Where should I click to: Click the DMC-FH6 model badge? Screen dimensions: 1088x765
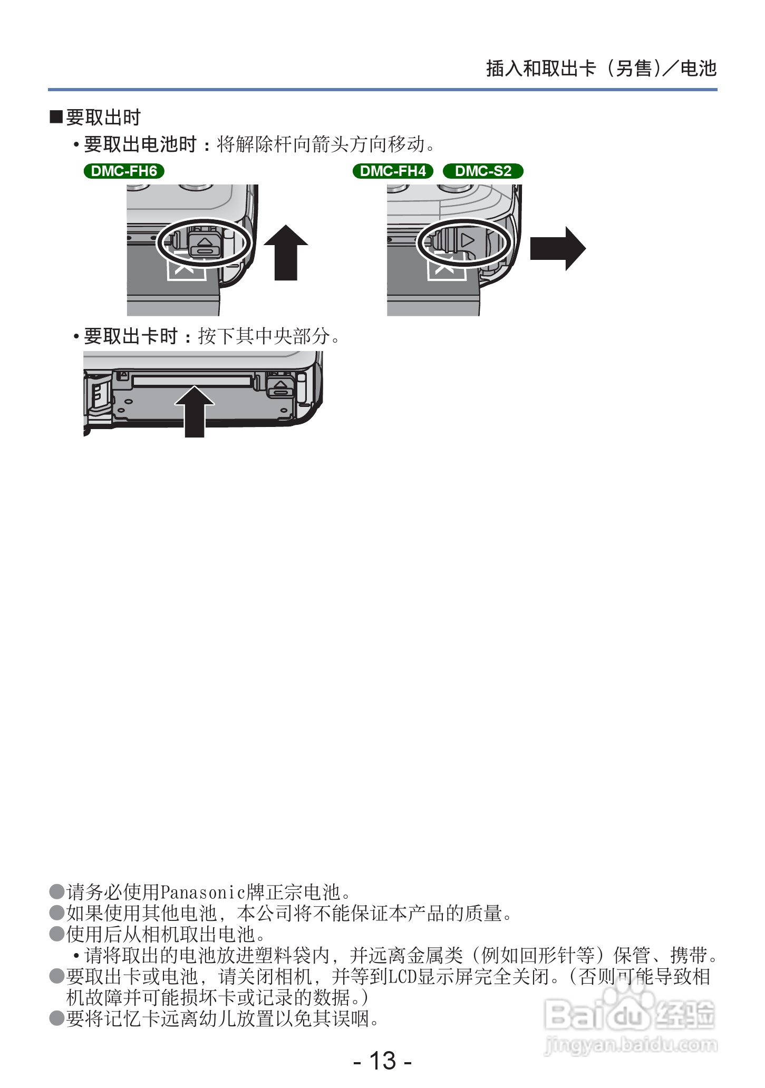[x=124, y=171]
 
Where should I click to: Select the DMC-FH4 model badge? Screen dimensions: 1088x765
[x=393, y=171]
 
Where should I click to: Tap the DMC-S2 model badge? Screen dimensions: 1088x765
[x=483, y=171]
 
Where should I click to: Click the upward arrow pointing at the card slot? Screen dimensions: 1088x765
[x=195, y=412]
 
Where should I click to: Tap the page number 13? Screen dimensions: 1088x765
[x=382, y=1061]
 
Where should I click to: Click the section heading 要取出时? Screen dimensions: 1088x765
[x=103, y=118]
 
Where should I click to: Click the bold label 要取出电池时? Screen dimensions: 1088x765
[x=140, y=144]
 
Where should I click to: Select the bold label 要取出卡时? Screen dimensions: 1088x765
[x=130, y=336]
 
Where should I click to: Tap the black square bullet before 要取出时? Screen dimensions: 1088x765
[x=56, y=117]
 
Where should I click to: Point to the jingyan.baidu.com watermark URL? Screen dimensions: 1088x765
[x=630, y=1044]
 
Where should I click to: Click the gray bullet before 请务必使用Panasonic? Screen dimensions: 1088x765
[x=56, y=892]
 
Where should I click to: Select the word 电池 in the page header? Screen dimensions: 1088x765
[x=699, y=69]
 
